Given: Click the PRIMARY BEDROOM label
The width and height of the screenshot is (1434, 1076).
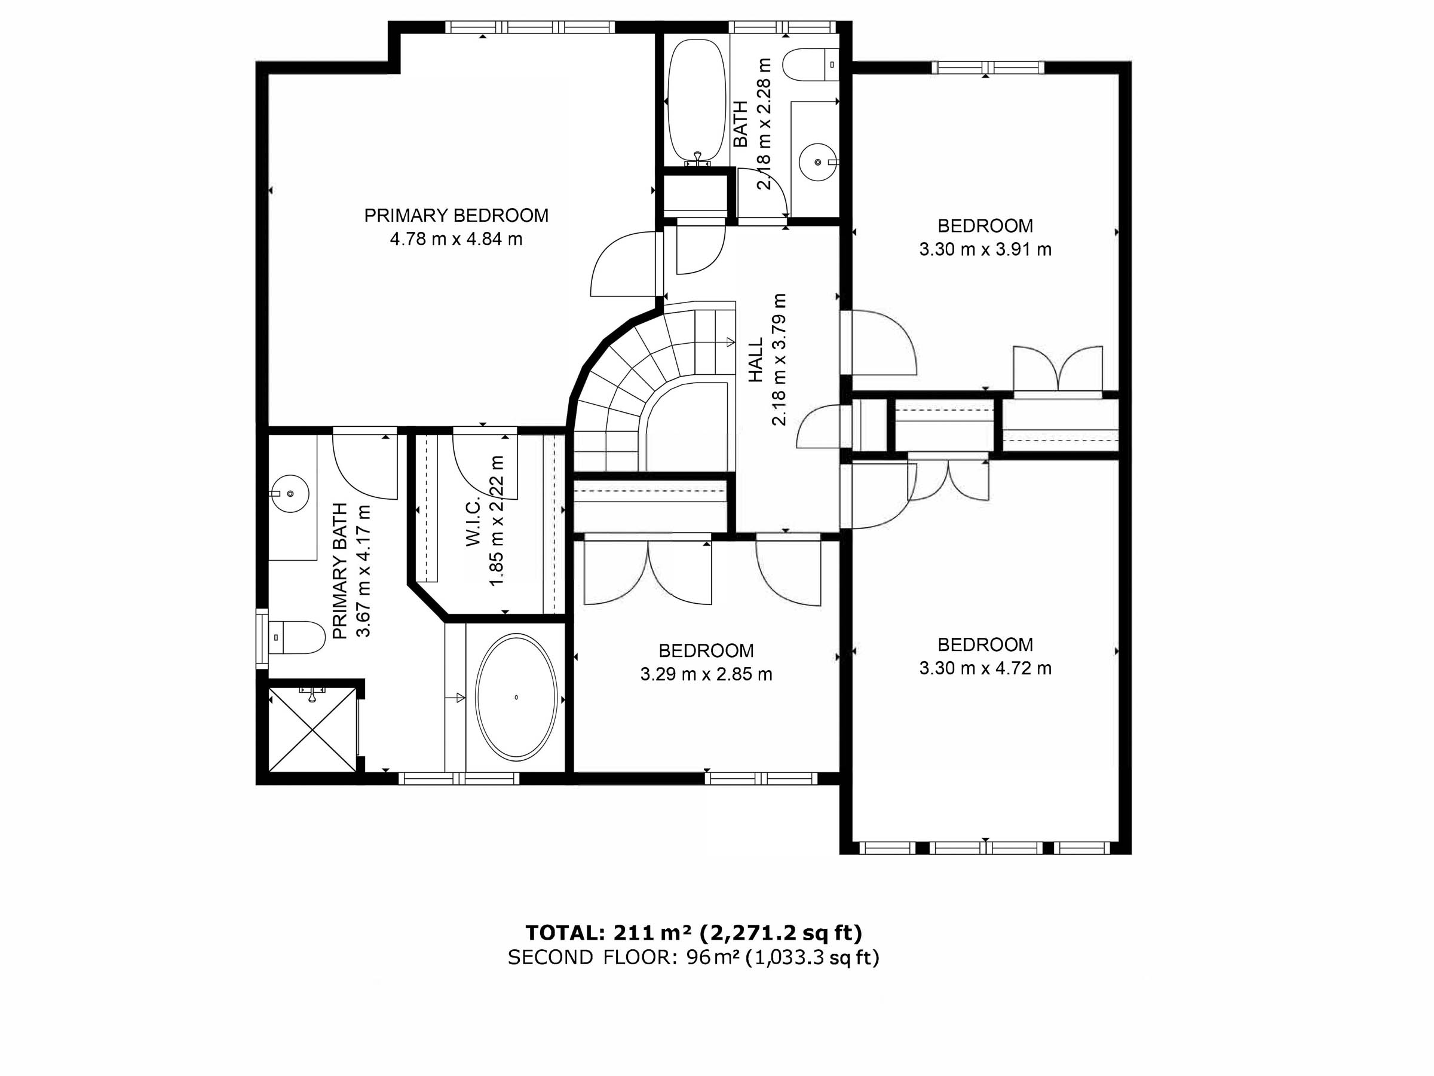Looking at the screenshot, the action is [456, 215].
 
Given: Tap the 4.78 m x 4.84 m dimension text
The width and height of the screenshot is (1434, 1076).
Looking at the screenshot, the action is [456, 239].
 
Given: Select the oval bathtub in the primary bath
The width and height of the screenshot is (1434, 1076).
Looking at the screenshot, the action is [516, 696].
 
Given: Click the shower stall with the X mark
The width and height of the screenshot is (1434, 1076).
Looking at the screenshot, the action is [312, 730].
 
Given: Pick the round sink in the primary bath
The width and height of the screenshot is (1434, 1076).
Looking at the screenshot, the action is [290, 494].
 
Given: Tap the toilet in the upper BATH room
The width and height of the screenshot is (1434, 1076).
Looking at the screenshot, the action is [810, 65].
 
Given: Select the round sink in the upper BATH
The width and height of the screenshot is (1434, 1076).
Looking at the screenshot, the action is [818, 161].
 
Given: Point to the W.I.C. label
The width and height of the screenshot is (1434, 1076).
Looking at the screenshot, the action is [473, 522].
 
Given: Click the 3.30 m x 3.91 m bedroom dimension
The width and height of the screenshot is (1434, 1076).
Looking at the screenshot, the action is [985, 250].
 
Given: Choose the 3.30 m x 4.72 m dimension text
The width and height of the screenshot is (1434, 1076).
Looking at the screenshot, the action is [985, 669].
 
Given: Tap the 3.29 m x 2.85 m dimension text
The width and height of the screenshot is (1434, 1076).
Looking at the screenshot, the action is [706, 674].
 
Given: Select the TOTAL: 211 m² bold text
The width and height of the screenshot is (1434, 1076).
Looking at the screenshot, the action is [694, 933].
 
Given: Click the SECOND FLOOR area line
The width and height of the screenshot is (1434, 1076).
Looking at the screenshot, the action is [694, 957].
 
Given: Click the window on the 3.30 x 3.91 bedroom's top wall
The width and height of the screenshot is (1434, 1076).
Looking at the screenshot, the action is [988, 68].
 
